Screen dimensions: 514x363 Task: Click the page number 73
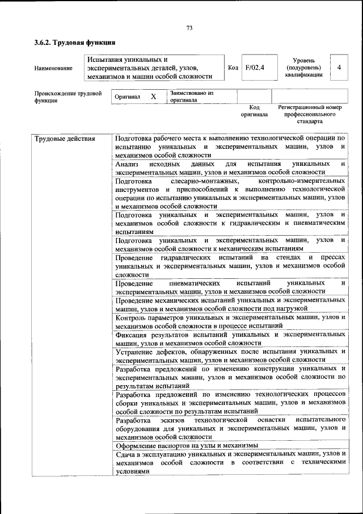click(189, 27)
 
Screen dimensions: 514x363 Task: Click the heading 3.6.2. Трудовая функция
click(75, 42)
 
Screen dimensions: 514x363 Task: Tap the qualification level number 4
click(339, 68)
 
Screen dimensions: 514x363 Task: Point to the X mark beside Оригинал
click(153, 97)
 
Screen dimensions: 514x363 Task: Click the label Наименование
click(53, 68)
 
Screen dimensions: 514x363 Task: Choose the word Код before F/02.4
click(233, 68)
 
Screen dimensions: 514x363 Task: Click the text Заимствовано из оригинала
click(191, 97)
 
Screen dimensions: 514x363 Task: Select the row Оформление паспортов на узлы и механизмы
click(187, 446)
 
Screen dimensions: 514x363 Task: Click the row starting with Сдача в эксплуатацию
click(230, 462)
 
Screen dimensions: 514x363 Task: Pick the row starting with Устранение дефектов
click(230, 356)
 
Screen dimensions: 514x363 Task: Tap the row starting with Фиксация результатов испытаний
click(230, 339)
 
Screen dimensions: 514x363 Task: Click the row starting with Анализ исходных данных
click(230, 168)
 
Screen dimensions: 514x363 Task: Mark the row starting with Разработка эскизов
click(230, 428)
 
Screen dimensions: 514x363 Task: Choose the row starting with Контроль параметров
click(230, 321)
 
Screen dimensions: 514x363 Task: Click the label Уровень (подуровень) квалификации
click(304, 68)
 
